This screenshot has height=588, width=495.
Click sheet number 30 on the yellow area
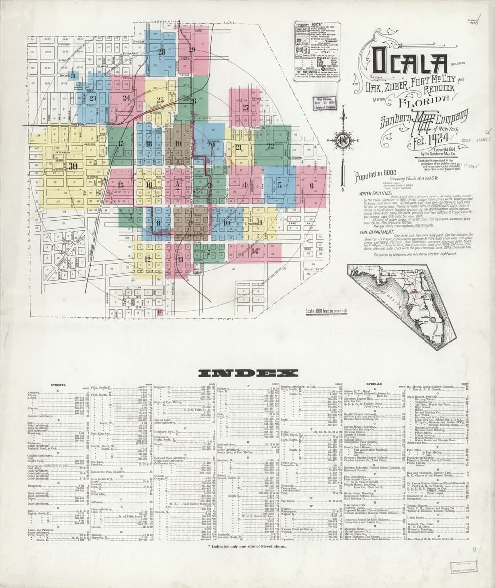[73, 166]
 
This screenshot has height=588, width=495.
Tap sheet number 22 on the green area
[270, 145]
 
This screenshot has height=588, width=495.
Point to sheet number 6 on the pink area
[311, 185]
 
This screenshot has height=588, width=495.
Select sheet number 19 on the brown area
[177, 144]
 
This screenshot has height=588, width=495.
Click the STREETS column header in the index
[59, 386]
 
